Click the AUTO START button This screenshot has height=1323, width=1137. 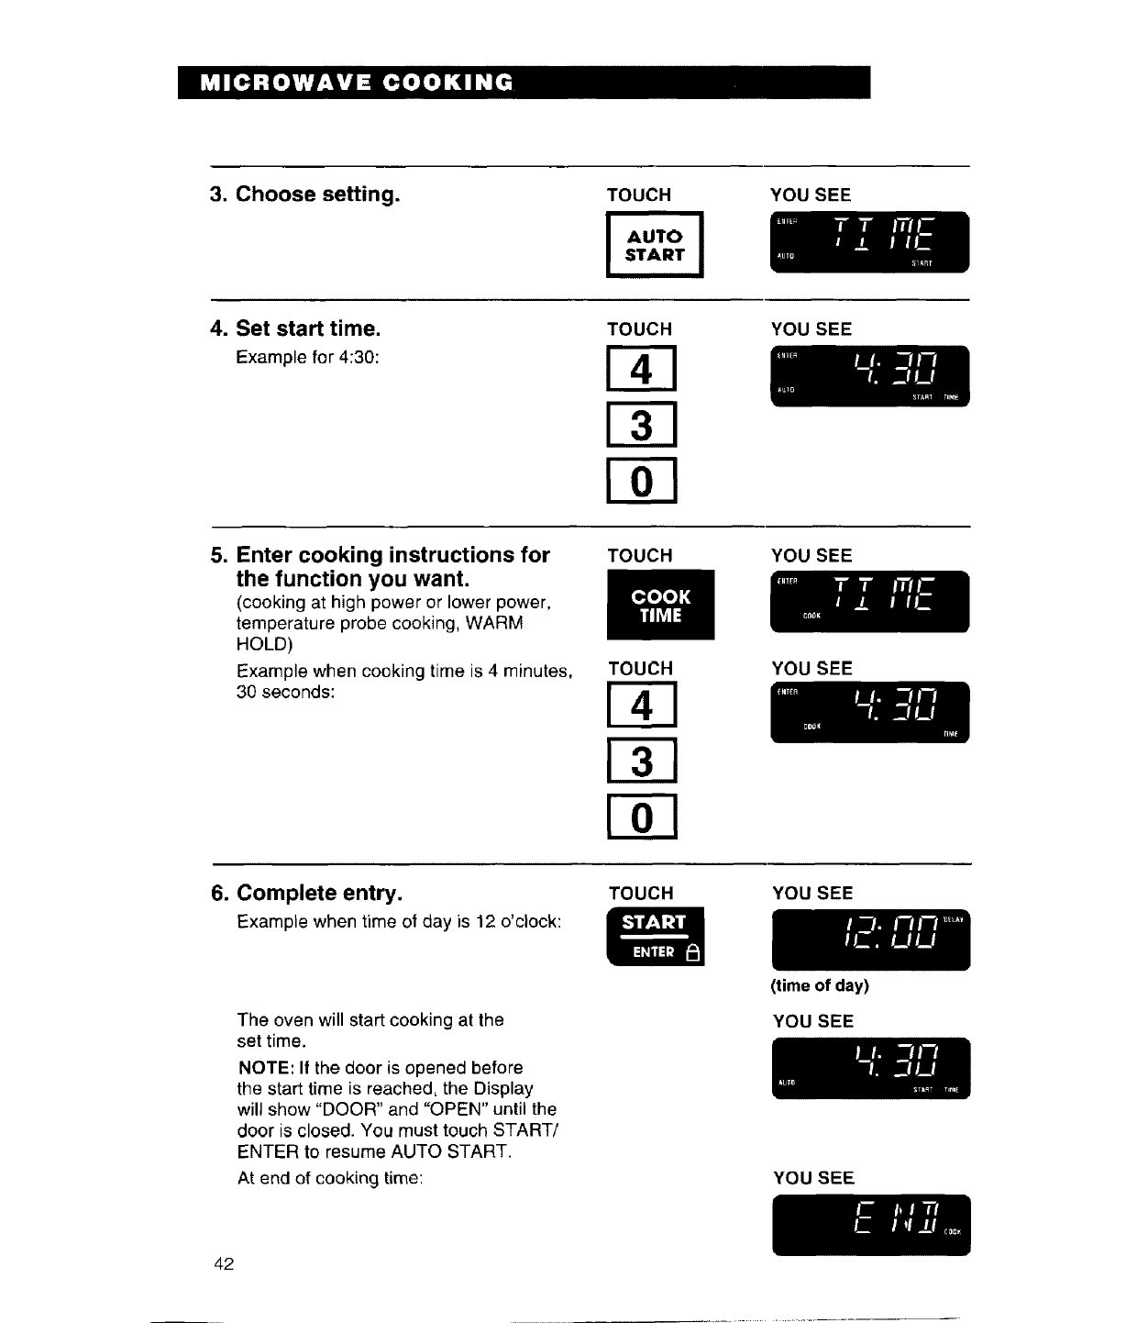click(655, 245)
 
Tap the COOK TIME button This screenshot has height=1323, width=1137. click(660, 606)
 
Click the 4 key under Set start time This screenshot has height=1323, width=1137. click(642, 370)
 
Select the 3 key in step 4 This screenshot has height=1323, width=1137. click(642, 426)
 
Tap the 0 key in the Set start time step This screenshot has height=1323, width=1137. click(642, 481)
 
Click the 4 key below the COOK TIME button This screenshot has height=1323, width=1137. click(642, 706)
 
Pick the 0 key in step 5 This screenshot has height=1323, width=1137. click(642, 817)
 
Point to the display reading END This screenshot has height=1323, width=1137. click(870, 1224)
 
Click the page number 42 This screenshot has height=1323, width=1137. click(224, 1264)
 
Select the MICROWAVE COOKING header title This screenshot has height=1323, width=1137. click(357, 83)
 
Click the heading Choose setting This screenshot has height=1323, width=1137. click(317, 195)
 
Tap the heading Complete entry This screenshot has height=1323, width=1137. click(319, 894)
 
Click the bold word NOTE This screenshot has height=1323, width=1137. click(264, 1068)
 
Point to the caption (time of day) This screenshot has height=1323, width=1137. click(820, 986)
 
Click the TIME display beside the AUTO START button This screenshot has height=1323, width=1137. click(869, 242)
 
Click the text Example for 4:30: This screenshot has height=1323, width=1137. click(307, 357)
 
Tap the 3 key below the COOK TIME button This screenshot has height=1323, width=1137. click(642, 762)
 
